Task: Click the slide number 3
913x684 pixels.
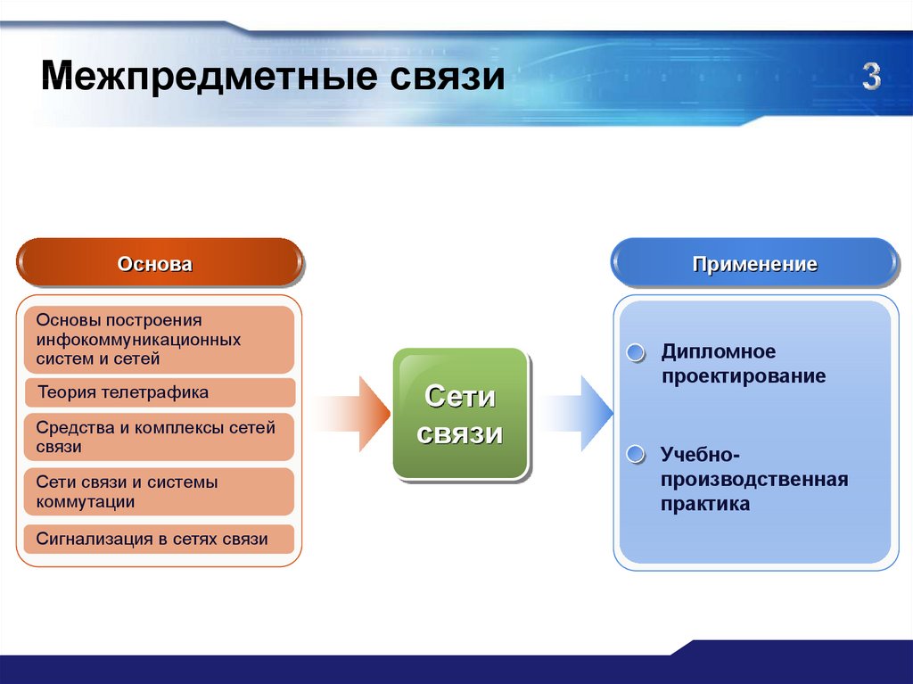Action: [x=871, y=78]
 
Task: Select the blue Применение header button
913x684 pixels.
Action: [x=754, y=264]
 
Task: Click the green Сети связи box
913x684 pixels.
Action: [x=461, y=415]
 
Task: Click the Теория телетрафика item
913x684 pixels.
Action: [x=122, y=392]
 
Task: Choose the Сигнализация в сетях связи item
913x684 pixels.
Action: [x=152, y=539]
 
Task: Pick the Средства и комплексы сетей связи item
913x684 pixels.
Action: [x=157, y=437]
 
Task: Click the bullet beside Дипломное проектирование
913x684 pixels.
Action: [x=635, y=353]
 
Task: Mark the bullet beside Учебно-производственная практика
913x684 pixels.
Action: [x=635, y=455]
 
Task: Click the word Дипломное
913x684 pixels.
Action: [x=719, y=351]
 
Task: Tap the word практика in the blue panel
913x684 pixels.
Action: [x=704, y=504]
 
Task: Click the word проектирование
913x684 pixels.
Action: [x=743, y=376]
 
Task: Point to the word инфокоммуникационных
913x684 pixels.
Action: [x=138, y=340]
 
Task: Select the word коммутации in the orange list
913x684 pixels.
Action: [x=86, y=501]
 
